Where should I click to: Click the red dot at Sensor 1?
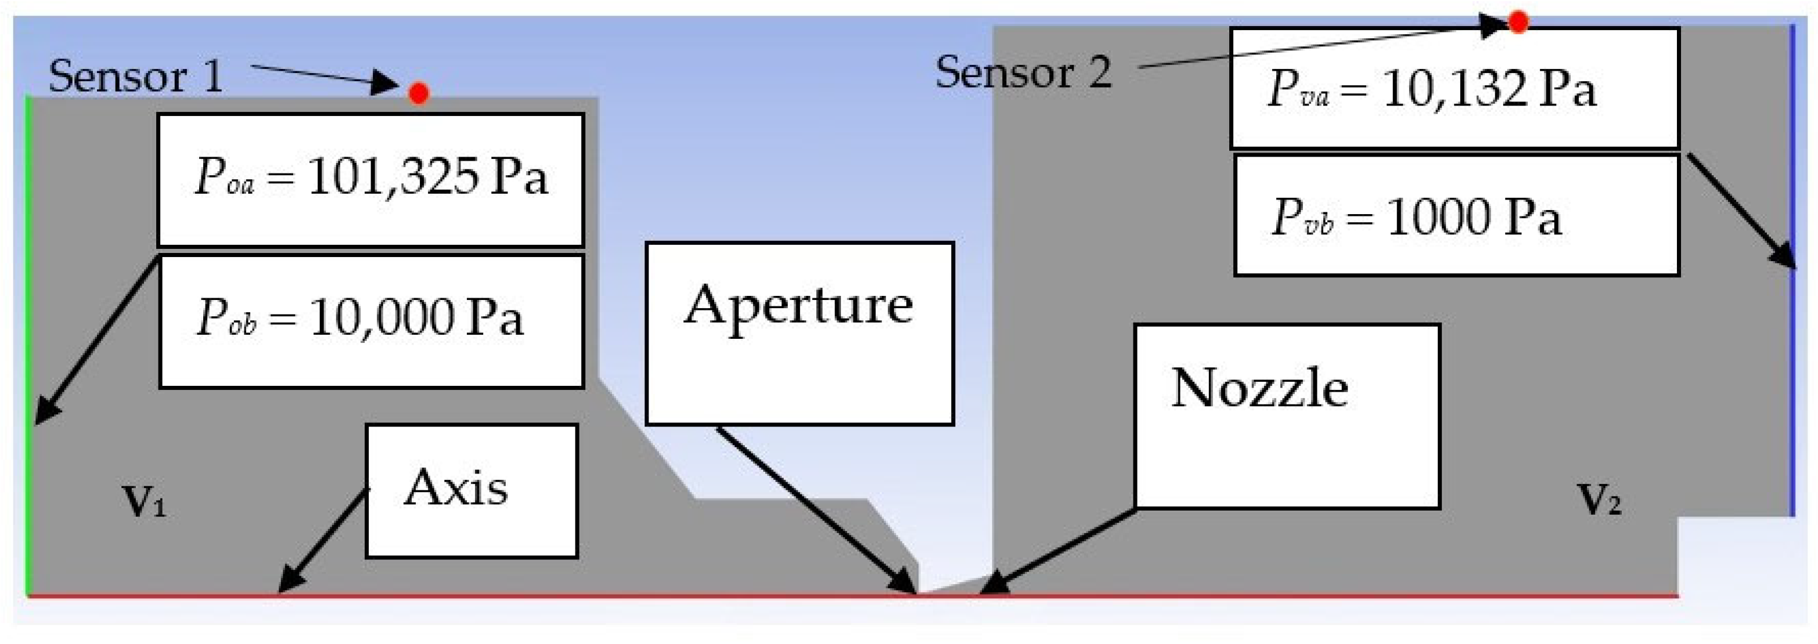pos(419,92)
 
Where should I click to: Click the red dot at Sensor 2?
pos(1518,23)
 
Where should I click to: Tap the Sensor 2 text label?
pos(1023,73)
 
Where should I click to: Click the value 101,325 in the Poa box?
pos(393,176)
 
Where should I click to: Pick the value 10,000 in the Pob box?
pos(381,317)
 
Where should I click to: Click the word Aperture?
pos(798,305)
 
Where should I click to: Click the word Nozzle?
pos(1260,388)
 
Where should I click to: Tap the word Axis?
pos(456,487)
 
